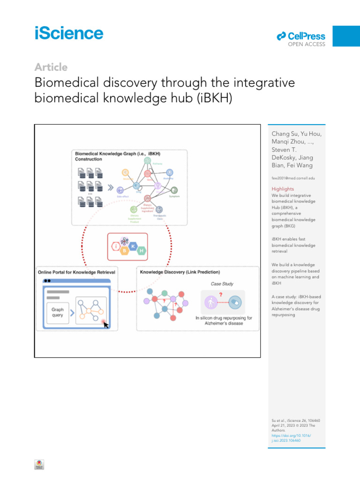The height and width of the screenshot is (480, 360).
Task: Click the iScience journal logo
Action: coord(69,34)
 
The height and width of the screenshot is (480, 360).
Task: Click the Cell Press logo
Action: coord(301,36)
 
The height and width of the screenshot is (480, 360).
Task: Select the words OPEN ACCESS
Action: coord(306,45)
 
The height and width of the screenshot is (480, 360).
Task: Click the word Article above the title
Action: coord(51,67)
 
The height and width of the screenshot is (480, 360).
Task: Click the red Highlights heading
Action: coord(283,189)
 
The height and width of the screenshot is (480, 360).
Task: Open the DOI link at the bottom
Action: coord(291,438)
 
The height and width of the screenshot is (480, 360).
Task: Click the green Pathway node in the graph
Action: coord(147,161)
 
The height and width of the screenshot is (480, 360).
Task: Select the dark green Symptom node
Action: coord(174,190)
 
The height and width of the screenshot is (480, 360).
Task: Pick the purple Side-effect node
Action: coord(120,190)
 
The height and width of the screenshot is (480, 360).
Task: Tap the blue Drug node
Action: coord(136,186)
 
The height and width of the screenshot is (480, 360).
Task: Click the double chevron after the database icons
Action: coord(111,188)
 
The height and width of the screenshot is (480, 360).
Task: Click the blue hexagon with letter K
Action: coord(134,246)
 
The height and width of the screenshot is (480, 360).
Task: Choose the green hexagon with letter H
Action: coord(142,251)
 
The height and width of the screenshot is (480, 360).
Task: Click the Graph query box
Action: coord(58,312)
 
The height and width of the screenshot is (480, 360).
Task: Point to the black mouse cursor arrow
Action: coord(106,324)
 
